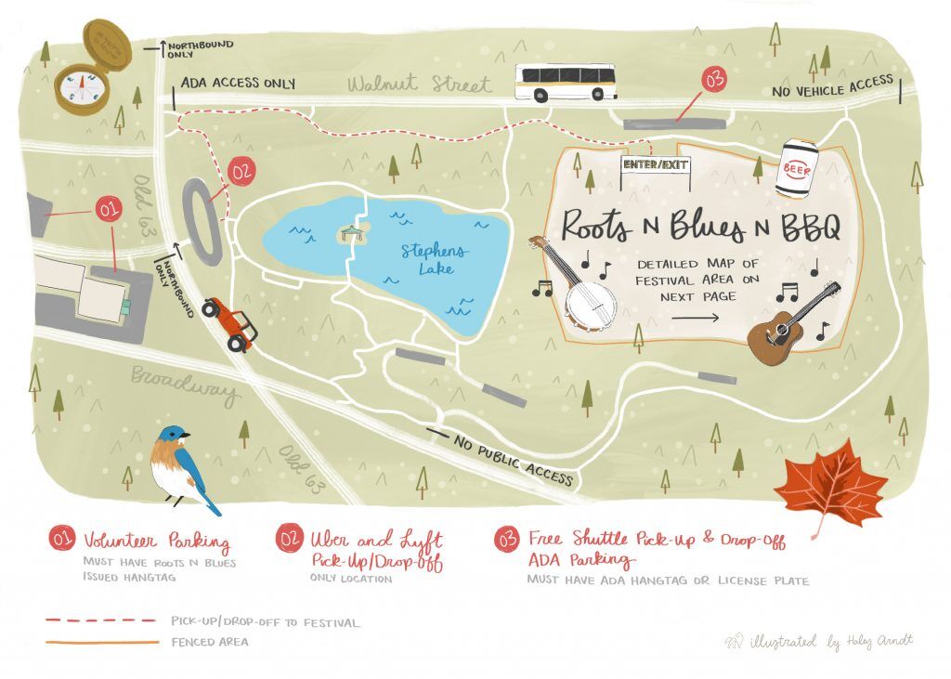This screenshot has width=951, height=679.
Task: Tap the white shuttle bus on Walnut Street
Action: tap(567, 82)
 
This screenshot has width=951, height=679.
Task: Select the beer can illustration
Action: tap(798, 167)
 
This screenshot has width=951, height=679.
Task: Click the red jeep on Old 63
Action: tap(229, 322)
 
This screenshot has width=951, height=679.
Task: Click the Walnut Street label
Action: tap(419, 85)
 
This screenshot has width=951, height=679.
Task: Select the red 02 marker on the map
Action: tap(241, 171)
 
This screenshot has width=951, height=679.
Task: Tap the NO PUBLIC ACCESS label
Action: tap(513, 459)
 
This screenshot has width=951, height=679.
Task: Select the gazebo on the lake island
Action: tap(351, 233)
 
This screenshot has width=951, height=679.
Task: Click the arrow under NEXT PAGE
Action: tap(696, 318)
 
